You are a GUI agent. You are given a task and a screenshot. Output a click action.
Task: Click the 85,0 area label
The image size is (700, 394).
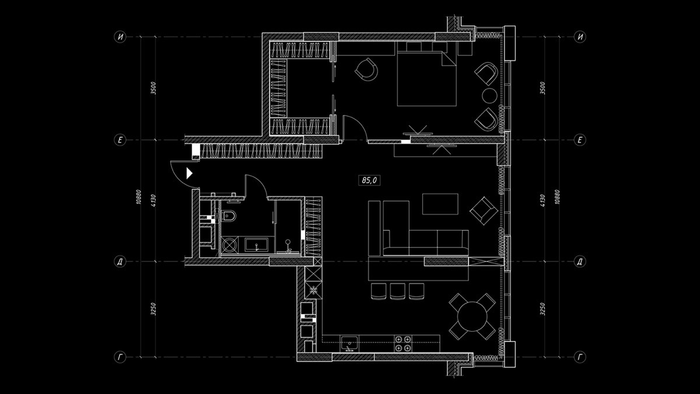[369, 180]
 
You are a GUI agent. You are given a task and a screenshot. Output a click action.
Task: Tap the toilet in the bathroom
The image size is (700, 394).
[229, 216]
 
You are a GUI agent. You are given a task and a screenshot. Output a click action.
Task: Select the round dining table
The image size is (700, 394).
[472, 316]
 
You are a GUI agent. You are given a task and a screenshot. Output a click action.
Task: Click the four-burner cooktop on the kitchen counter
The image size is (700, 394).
[403, 343]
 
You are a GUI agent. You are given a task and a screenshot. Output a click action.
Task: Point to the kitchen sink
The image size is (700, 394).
[349, 344]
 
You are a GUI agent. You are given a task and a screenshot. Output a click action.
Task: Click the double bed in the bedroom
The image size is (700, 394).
[426, 78]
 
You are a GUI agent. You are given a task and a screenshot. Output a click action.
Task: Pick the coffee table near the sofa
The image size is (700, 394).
[440, 204]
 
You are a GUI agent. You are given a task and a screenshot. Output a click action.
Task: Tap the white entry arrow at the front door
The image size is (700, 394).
[190, 173]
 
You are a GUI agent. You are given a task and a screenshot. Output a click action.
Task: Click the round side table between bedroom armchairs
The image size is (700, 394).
[489, 96]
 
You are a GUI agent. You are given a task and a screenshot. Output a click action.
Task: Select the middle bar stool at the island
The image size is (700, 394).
[397, 291]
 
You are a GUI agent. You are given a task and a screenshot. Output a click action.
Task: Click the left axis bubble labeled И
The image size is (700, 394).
[120, 37]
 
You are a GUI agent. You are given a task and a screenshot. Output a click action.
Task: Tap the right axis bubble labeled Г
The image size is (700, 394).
[580, 357]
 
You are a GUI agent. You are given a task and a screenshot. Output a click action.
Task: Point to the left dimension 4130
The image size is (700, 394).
[153, 201]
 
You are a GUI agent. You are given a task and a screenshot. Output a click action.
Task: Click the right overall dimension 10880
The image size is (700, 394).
[558, 197]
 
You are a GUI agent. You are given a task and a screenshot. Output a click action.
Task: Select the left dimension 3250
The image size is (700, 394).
[153, 309]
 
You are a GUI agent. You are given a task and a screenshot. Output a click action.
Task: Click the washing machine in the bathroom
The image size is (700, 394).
[230, 245]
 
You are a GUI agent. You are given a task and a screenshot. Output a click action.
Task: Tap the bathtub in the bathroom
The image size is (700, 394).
[256, 245]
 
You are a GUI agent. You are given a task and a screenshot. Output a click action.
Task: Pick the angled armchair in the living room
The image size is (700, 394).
[484, 211]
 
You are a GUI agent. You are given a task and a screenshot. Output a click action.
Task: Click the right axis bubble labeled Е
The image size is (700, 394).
[580, 140]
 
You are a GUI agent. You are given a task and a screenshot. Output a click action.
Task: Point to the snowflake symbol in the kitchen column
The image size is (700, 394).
[313, 290]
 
